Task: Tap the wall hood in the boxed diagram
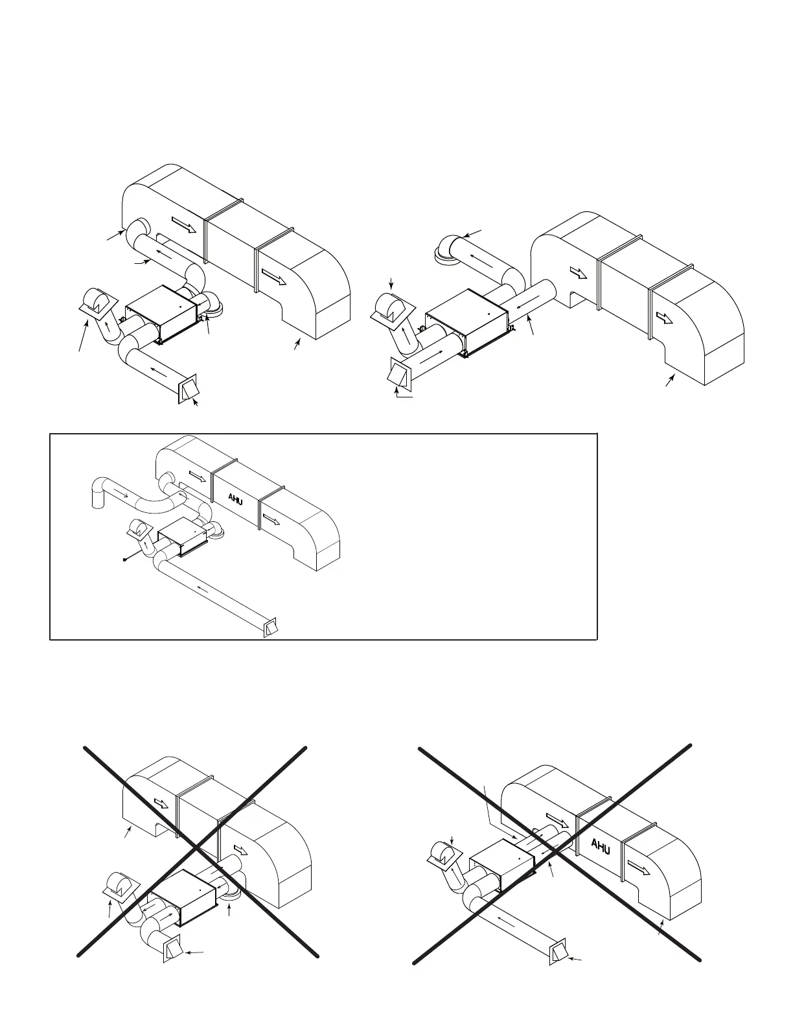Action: tap(271, 627)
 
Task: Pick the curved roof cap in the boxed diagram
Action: tap(139, 529)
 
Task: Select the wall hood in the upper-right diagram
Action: tap(399, 374)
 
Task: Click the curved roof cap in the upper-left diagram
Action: tap(98, 303)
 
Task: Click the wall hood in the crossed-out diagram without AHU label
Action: tap(172, 950)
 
